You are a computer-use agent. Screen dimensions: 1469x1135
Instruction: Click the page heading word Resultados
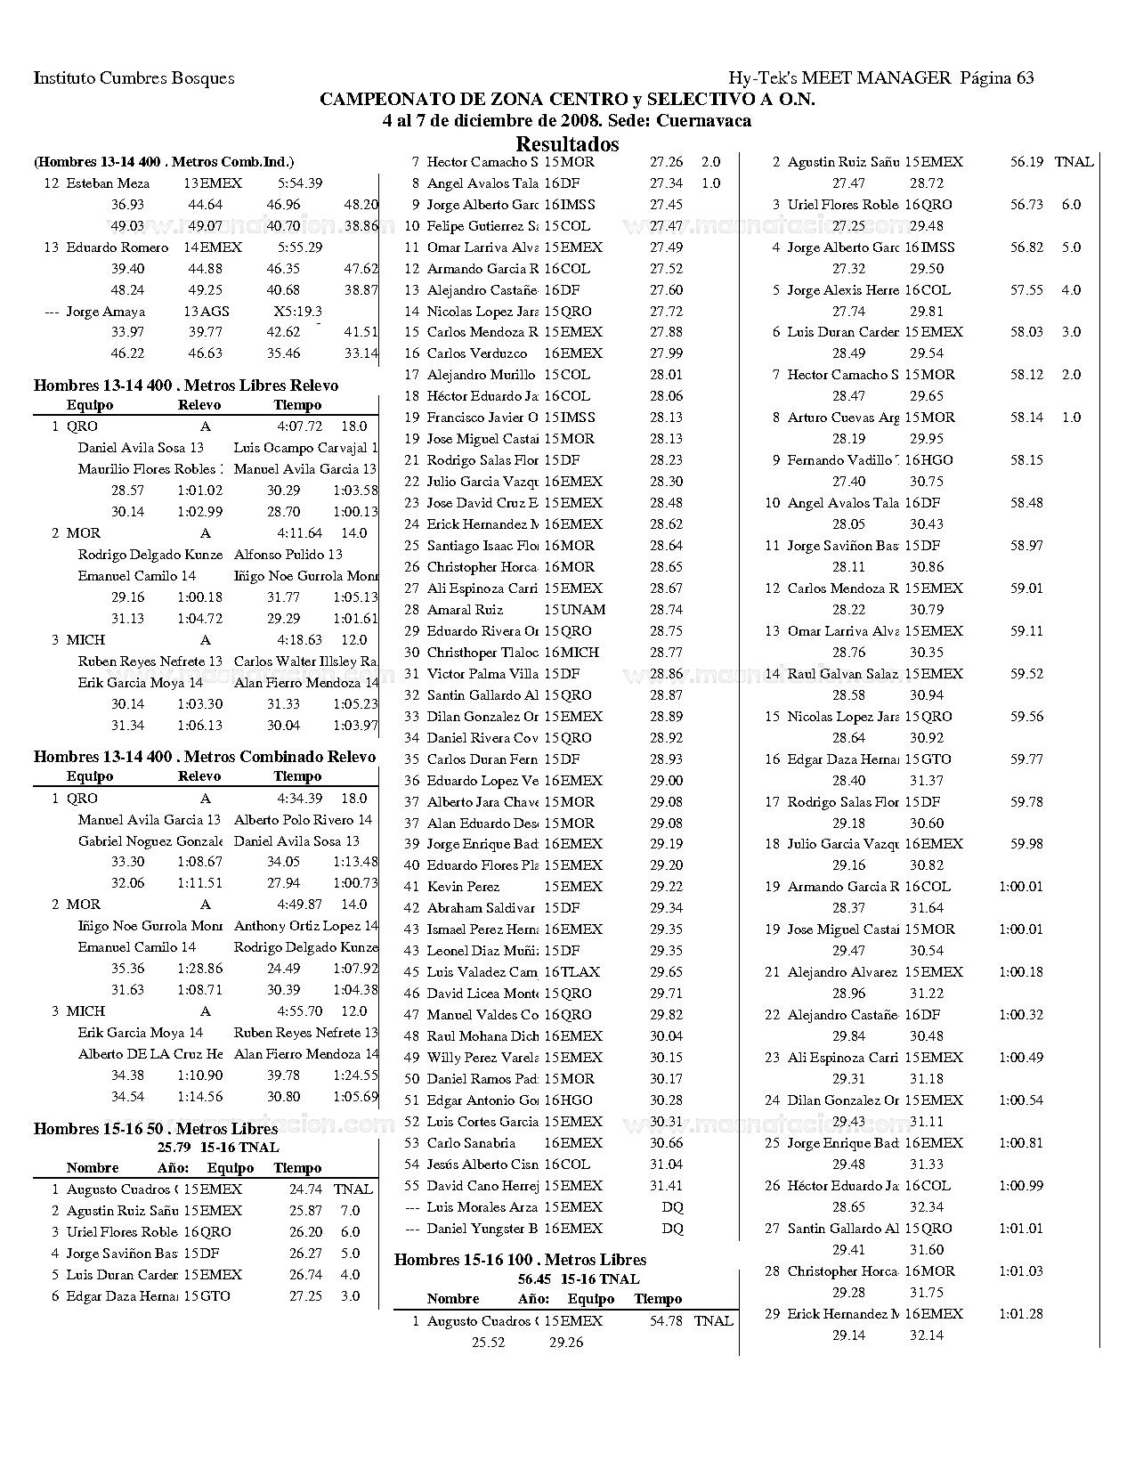pyautogui.click(x=567, y=143)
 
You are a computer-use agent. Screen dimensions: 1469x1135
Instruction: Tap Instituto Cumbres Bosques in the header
pyautogui.click(x=134, y=77)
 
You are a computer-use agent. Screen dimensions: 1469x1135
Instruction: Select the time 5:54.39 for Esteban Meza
pyautogui.click(x=300, y=183)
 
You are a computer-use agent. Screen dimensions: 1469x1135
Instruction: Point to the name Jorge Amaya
pyautogui.click(x=105, y=312)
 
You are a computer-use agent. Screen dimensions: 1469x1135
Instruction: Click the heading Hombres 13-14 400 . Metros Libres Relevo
pyautogui.click(x=186, y=386)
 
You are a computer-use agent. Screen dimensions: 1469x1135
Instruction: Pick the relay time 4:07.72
pyautogui.click(x=300, y=426)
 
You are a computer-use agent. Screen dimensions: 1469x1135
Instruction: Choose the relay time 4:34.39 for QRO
pyautogui.click(x=300, y=799)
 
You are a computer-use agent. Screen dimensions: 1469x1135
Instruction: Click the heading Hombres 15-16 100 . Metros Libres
pyautogui.click(x=520, y=1260)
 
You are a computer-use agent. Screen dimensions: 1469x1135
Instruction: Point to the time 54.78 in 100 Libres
pyautogui.click(x=666, y=1321)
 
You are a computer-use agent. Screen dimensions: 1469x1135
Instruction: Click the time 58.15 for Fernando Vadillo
pyautogui.click(x=1026, y=460)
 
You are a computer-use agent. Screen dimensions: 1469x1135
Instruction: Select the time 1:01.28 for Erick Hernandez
pyautogui.click(x=1020, y=1314)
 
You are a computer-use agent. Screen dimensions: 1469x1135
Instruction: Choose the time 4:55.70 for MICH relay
pyautogui.click(x=300, y=1011)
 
